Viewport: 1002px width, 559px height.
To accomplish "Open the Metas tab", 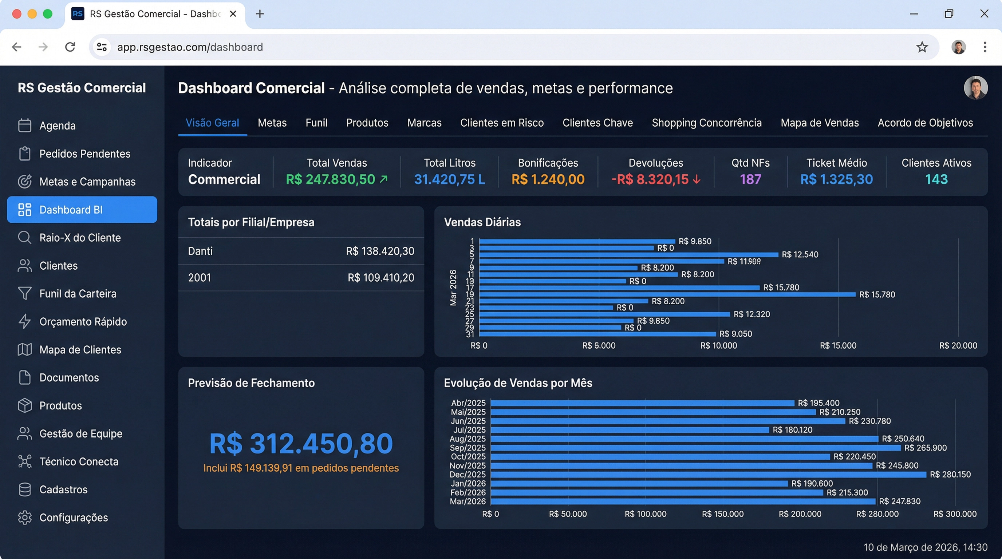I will tap(272, 123).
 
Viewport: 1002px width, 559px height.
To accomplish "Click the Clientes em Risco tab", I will tap(502, 123).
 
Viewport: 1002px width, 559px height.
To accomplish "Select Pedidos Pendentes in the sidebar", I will tap(84, 154).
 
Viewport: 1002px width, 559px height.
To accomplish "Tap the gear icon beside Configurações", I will tap(24, 518).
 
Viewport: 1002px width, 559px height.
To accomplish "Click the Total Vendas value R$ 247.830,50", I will tap(330, 179).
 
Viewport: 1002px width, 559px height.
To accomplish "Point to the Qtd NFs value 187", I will tap(750, 179).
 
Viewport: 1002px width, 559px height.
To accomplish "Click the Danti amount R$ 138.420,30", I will tap(380, 251).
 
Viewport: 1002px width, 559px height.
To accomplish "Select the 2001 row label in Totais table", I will tap(199, 278).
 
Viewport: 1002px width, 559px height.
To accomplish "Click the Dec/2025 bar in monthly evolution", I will tap(708, 475).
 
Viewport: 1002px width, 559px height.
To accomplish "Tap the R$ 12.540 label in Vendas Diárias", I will tap(800, 255).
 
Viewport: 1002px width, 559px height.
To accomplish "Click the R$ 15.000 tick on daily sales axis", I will tap(838, 346).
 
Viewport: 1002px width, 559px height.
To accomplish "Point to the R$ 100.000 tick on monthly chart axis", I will tap(645, 514).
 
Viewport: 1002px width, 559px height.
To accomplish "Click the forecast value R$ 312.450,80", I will tap(301, 444).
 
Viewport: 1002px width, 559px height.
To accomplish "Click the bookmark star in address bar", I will tap(922, 47).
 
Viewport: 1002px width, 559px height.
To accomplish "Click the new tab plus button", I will tap(260, 14).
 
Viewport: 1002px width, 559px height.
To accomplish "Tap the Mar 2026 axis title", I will tap(453, 288).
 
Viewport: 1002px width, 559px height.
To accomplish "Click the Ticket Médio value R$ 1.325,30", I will tap(836, 179).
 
